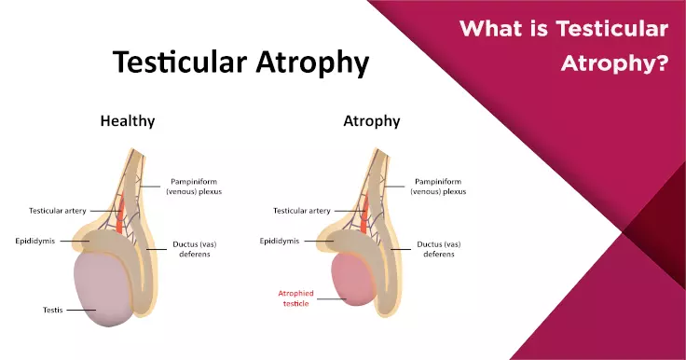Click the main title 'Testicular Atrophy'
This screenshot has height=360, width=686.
pos(240,62)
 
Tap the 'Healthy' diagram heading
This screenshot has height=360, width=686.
pos(128,121)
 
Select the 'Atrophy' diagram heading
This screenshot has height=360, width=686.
pos(371,121)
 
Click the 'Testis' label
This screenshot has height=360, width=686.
pos(46,309)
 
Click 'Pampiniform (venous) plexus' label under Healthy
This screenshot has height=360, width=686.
pos(199,187)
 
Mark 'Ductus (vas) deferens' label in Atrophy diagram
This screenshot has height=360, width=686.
pos(435,250)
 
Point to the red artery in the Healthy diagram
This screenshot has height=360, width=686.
pos(121,213)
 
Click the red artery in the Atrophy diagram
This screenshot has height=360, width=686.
pos(365,213)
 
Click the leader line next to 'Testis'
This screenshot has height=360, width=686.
pos(81,309)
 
